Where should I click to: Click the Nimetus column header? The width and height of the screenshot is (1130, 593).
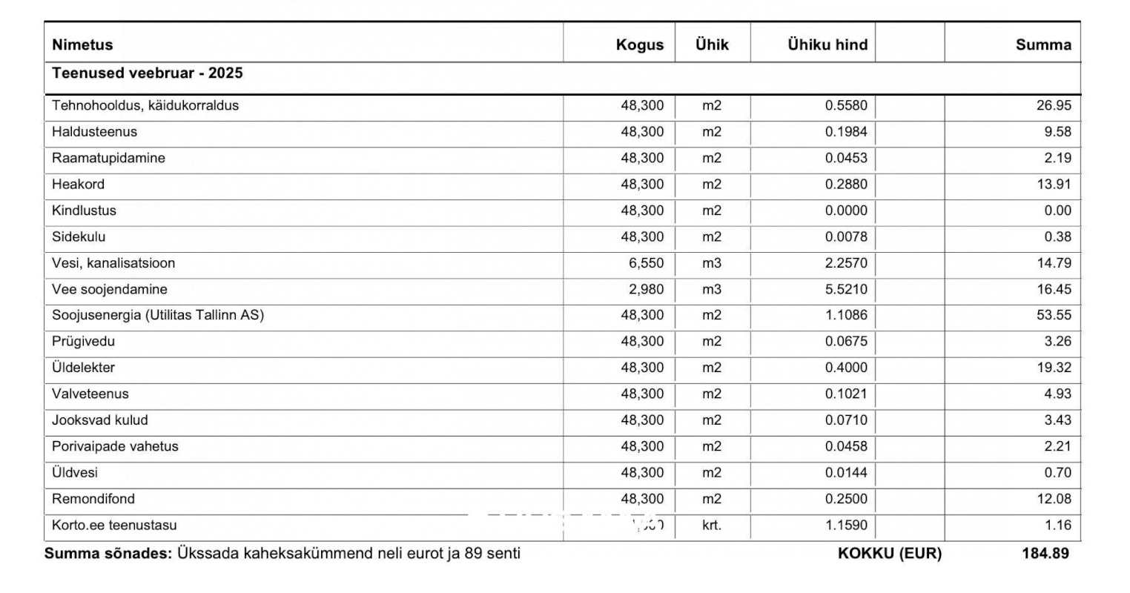pyautogui.click(x=82, y=44)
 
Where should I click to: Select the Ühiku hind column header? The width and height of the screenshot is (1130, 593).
pyautogui.click(x=827, y=44)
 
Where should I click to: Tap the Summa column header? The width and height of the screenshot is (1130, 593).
pyautogui.click(x=1043, y=44)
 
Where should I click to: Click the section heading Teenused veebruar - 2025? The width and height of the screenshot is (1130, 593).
pyautogui.click(x=147, y=73)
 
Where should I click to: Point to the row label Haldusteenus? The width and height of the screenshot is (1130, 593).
pyautogui.click(x=94, y=132)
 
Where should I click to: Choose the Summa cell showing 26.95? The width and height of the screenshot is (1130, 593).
pyautogui.click(x=1053, y=105)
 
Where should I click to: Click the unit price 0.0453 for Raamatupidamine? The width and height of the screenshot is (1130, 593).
pyautogui.click(x=845, y=158)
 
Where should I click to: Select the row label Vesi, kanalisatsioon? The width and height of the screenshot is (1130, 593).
pyautogui.click(x=113, y=263)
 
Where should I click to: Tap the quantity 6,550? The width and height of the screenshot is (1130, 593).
pyautogui.click(x=646, y=263)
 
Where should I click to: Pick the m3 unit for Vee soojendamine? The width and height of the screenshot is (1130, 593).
pyautogui.click(x=711, y=289)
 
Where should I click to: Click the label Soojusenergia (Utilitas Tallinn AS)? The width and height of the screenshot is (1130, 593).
pyautogui.click(x=157, y=315)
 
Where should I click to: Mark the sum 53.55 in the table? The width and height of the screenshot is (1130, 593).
pyautogui.click(x=1053, y=315)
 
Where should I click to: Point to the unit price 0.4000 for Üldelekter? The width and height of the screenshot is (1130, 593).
pyautogui.click(x=845, y=368)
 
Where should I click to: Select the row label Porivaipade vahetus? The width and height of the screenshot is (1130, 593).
pyautogui.click(x=115, y=446)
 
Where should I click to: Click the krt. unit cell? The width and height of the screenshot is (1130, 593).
pyautogui.click(x=711, y=526)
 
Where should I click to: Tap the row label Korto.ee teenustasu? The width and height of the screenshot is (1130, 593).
pyautogui.click(x=114, y=526)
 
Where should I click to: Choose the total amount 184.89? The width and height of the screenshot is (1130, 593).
pyautogui.click(x=1045, y=553)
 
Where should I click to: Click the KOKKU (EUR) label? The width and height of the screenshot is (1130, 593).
pyautogui.click(x=889, y=553)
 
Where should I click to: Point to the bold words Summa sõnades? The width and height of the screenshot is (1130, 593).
pyautogui.click(x=108, y=553)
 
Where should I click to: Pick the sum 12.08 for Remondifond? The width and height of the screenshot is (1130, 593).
pyautogui.click(x=1053, y=499)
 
